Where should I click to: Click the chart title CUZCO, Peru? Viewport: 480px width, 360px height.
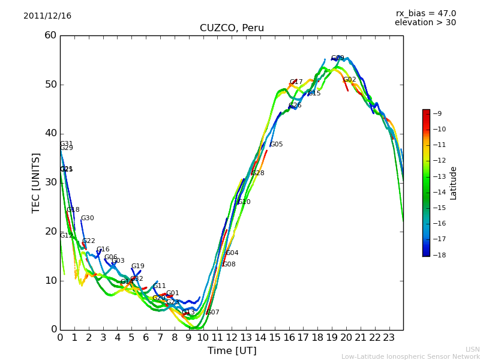(x=232, y=28)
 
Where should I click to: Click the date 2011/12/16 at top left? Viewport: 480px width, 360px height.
(x=47, y=16)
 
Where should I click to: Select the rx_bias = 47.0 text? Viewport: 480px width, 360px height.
(x=425, y=13)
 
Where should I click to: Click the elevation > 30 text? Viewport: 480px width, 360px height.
(x=425, y=23)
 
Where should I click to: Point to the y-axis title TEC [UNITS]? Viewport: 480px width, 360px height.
(x=36, y=182)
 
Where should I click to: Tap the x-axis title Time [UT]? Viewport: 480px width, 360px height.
(x=232, y=350)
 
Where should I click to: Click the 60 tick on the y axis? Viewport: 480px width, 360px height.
(x=50, y=35)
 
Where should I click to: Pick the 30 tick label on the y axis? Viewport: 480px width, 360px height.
(x=50, y=182)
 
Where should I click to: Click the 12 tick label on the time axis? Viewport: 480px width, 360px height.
(x=232, y=338)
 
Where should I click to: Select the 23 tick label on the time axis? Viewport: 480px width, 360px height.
(x=389, y=338)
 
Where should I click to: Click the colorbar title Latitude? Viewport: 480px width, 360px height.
(x=454, y=182)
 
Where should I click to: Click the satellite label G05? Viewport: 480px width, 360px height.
(x=277, y=145)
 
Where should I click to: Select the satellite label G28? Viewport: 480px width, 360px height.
(x=258, y=173)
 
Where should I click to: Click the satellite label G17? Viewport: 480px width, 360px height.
(x=296, y=82)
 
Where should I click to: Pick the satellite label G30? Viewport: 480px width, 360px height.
(x=88, y=218)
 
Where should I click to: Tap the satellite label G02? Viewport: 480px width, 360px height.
(x=350, y=80)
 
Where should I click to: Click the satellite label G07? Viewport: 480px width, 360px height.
(x=213, y=313)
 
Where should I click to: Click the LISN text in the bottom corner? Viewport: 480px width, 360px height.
(x=472, y=349)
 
